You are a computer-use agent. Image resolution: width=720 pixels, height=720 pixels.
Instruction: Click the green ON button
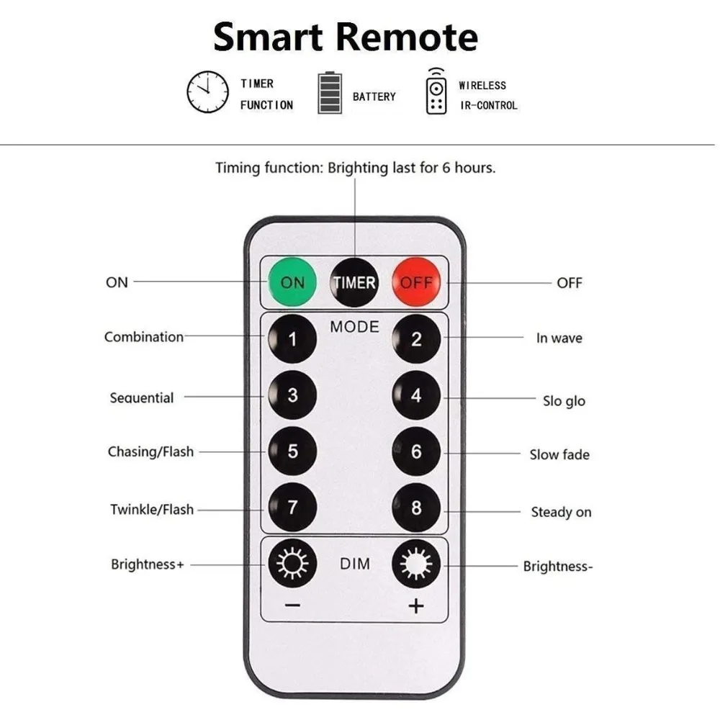(x=292, y=282)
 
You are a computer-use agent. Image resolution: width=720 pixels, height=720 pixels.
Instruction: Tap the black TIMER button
(x=354, y=282)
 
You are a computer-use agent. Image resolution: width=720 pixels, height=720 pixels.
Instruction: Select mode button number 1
(x=292, y=338)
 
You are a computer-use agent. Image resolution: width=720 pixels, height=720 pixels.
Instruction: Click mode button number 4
(x=416, y=396)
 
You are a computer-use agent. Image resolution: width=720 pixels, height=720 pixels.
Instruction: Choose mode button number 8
(x=416, y=508)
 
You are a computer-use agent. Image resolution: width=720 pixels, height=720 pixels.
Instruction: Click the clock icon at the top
(x=207, y=92)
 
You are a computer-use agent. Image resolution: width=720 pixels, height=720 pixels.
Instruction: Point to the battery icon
(x=330, y=94)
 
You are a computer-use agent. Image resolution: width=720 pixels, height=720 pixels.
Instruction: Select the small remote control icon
(x=436, y=91)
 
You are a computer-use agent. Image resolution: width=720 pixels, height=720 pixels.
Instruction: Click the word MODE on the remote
(x=354, y=327)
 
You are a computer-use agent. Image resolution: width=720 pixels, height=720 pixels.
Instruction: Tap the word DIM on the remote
(x=354, y=564)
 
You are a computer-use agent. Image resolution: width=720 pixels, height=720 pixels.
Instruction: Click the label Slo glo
(x=564, y=401)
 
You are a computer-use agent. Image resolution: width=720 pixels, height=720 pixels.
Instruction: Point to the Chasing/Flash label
(x=150, y=452)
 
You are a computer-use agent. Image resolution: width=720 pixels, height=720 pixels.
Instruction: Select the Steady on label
(x=561, y=513)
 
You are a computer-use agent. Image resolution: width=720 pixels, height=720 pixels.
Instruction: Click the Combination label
(x=144, y=337)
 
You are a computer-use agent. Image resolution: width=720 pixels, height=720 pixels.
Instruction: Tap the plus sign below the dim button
(x=416, y=606)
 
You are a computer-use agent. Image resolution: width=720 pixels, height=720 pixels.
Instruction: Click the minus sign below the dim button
(x=292, y=606)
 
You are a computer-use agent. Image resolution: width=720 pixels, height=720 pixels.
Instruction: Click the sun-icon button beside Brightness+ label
(x=292, y=564)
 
